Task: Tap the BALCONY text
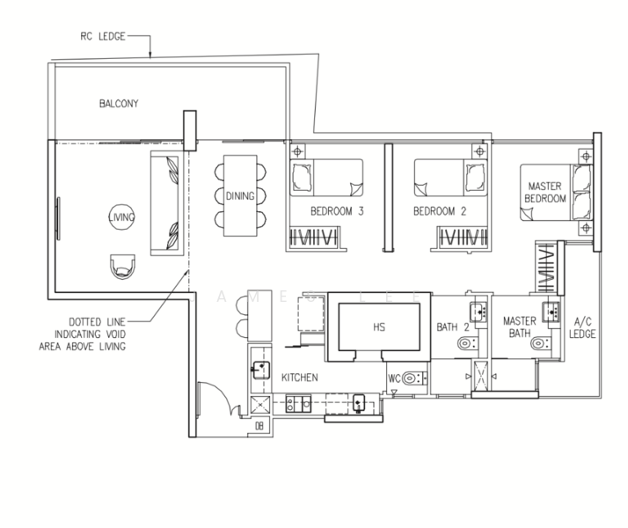[x=119, y=104]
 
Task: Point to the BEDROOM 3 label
[x=337, y=212]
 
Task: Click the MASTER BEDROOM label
[x=545, y=193]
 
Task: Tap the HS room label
[x=379, y=326]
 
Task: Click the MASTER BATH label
[x=520, y=327]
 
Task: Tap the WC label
[x=395, y=378]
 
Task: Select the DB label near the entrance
[x=259, y=427]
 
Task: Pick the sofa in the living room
[x=166, y=203]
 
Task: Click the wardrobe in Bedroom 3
[x=314, y=237]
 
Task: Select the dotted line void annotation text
[x=84, y=334]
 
